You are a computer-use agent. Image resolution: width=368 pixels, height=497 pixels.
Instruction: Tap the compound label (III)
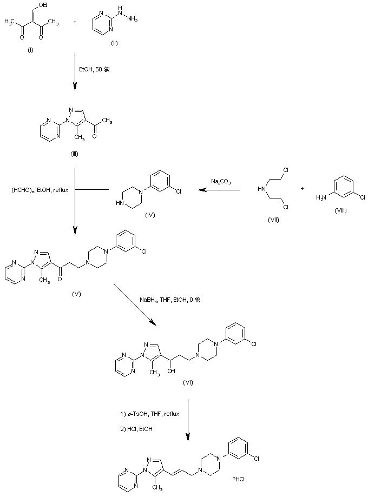(x=74, y=154)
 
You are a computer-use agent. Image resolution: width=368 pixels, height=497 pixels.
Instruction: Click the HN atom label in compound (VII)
(x=261, y=188)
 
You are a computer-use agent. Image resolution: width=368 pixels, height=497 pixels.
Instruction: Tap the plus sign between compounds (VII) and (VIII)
(x=302, y=188)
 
